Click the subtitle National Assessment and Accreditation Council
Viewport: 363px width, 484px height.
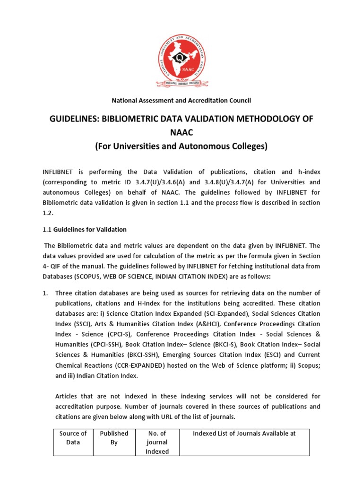click(x=181, y=100)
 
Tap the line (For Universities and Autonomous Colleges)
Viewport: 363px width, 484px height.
click(x=181, y=147)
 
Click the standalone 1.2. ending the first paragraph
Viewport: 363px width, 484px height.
click(x=48, y=213)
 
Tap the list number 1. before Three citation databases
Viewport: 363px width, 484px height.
click(x=45, y=294)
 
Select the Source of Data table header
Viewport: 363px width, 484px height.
click(x=73, y=438)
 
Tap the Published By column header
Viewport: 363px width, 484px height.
click(x=114, y=438)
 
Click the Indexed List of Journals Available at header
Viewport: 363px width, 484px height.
click(x=244, y=433)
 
